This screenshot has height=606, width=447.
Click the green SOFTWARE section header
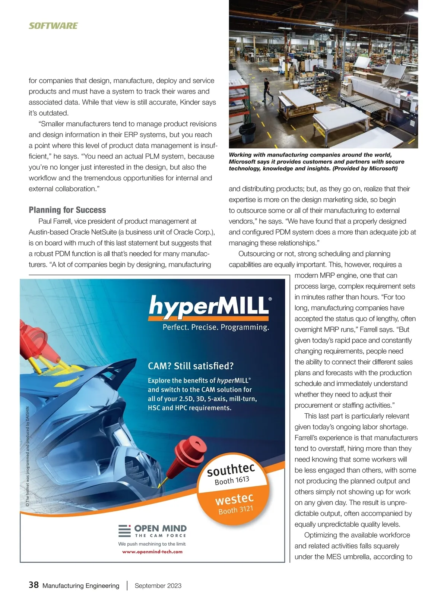pos(53,26)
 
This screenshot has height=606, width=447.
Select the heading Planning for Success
pos(67,210)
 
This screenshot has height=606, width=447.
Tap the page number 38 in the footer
pos(34,585)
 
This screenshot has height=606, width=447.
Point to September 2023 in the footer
pos(158,586)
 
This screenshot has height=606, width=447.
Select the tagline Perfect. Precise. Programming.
pos(216,327)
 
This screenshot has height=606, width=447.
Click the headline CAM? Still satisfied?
pos(191,366)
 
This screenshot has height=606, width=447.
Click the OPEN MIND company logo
pos(153,531)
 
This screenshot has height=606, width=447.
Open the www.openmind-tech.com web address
pos(152,552)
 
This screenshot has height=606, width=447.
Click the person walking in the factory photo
pos(267,89)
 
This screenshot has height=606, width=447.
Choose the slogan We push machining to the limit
pos(152,544)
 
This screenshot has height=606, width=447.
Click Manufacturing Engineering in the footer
pos(81,586)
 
